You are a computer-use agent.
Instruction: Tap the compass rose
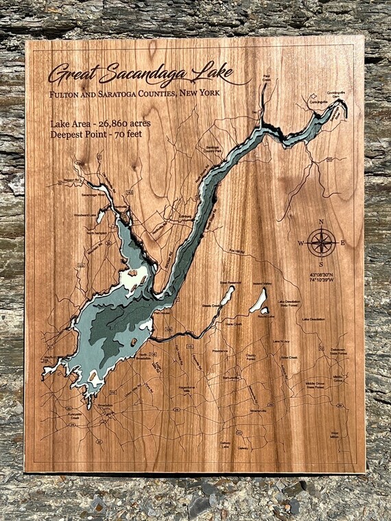[321, 242]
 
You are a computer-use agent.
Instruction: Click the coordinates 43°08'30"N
[321, 275]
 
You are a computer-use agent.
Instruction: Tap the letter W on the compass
[300, 243]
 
